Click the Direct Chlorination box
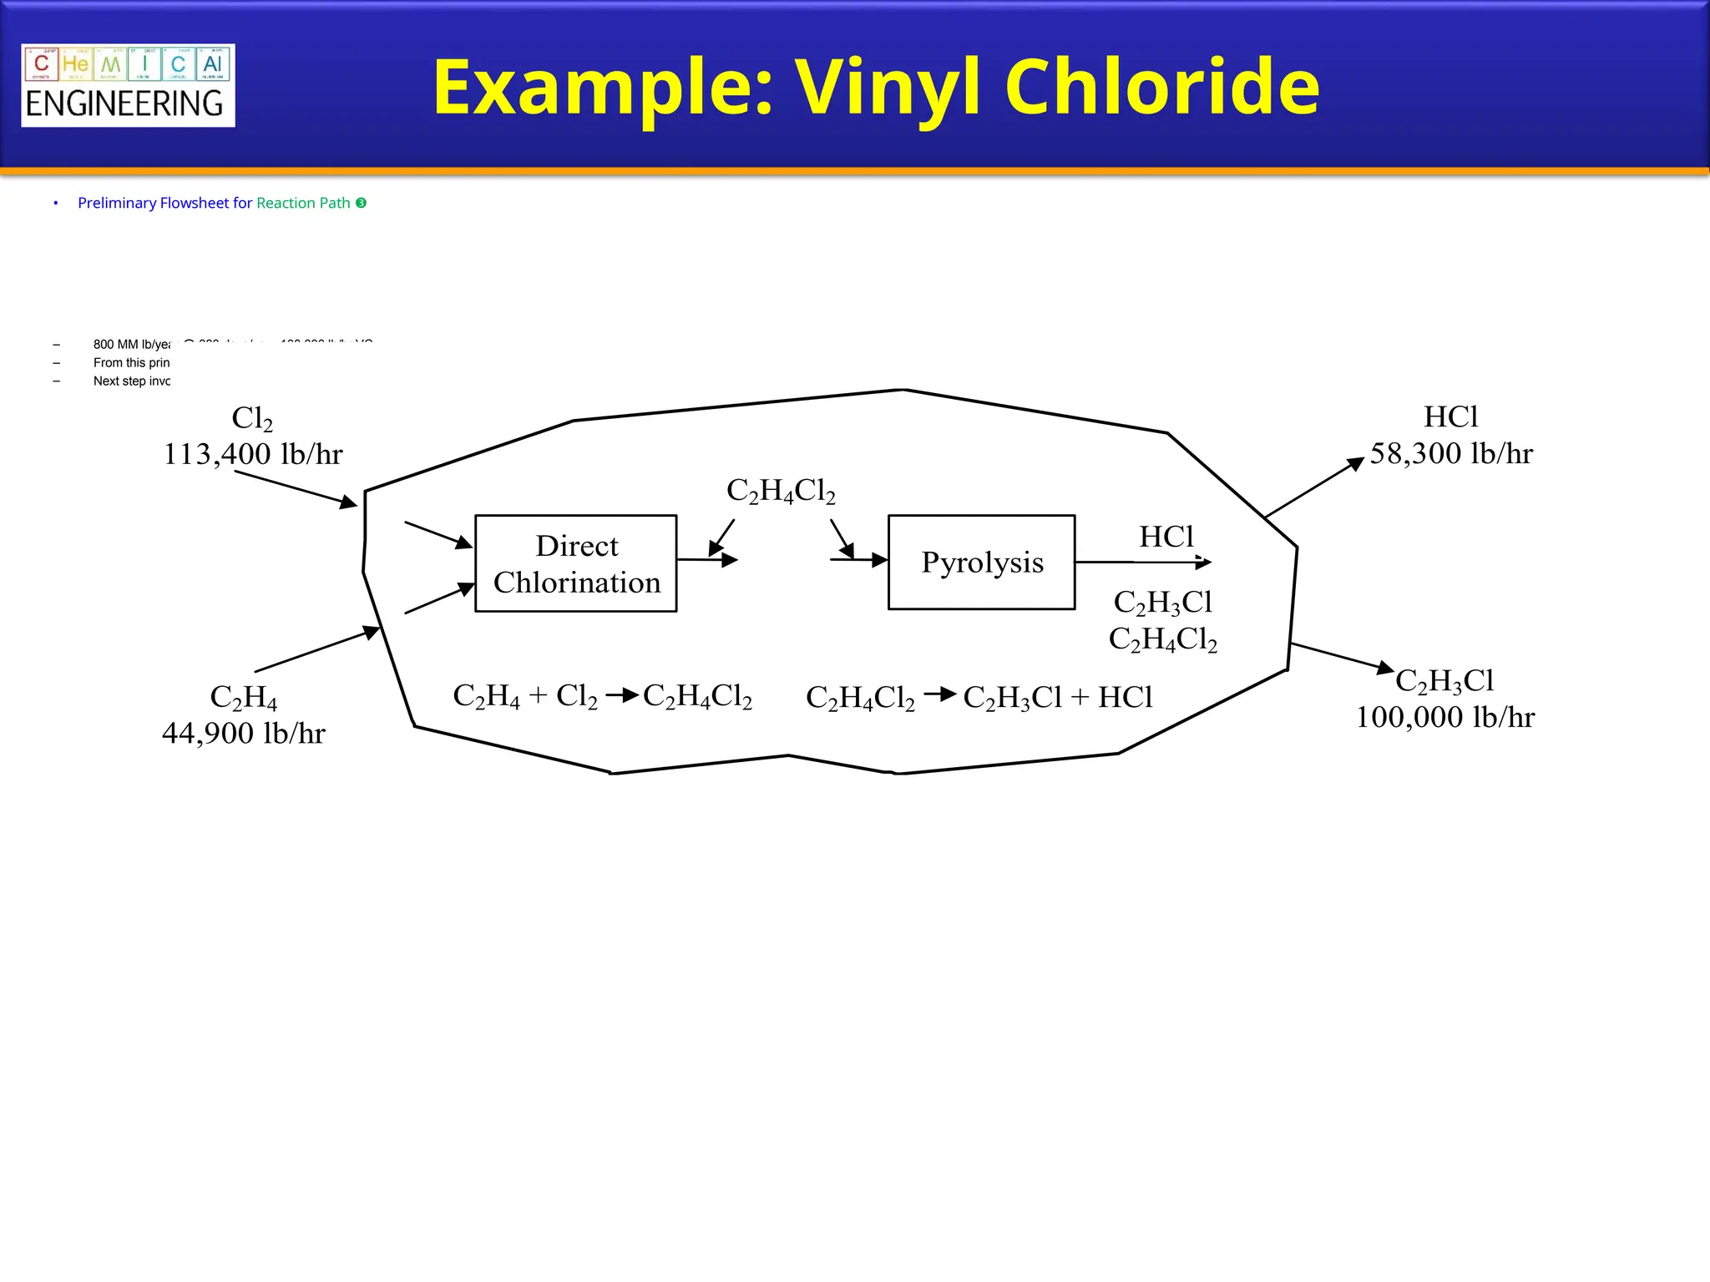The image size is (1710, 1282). pyautogui.click(x=576, y=563)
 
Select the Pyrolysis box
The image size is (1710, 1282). pyautogui.click(x=981, y=563)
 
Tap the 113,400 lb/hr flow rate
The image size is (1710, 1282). pyautogui.click(x=253, y=454)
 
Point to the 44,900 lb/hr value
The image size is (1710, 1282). pyautogui.click(x=243, y=733)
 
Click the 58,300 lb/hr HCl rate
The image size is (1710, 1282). pyautogui.click(x=1451, y=453)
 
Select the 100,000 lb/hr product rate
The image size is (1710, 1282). pyautogui.click(x=1444, y=717)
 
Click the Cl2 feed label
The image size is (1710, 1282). pyautogui.click(x=252, y=417)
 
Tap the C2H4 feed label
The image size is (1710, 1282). pyautogui.click(x=243, y=697)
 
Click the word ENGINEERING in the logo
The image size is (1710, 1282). pyautogui.click(x=124, y=104)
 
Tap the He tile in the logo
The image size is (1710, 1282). pyautogui.click(x=75, y=64)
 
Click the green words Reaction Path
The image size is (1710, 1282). pyautogui.click(x=303, y=203)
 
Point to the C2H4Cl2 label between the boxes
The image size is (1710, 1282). pyautogui.click(x=781, y=491)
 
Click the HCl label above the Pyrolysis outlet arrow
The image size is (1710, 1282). pyautogui.click(x=1166, y=537)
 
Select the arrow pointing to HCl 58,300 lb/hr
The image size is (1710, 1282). pyautogui.click(x=1314, y=487)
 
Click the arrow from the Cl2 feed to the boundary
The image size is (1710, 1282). pyautogui.click(x=296, y=488)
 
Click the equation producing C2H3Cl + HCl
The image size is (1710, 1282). pyautogui.click(x=979, y=697)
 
